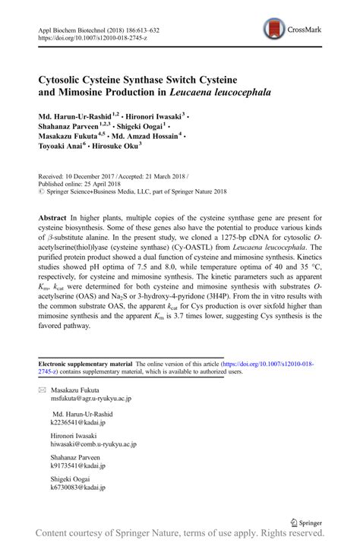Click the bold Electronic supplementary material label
[x=81, y=364]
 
